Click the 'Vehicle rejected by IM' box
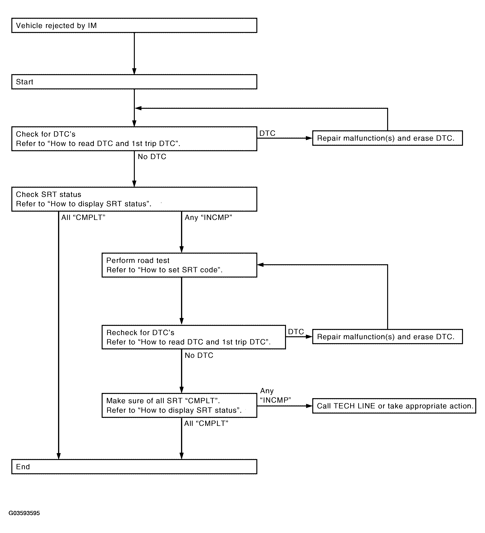(x=134, y=25)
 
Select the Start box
(x=134, y=82)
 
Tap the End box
(x=134, y=467)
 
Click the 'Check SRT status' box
(x=134, y=199)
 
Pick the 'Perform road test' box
(x=179, y=265)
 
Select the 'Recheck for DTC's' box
(x=194, y=337)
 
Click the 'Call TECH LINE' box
(x=394, y=406)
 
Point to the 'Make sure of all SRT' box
(x=179, y=405)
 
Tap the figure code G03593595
(x=24, y=513)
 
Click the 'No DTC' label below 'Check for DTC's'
(x=152, y=157)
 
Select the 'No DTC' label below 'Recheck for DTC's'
(x=199, y=355)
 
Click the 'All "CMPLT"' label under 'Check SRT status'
(x=83, y=217)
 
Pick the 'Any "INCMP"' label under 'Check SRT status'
(x=208, y=217)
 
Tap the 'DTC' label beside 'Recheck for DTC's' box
(x=296, y=332)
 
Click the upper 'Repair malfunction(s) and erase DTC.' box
(x=387, y=138)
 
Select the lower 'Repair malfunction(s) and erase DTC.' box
(x=387, y=337)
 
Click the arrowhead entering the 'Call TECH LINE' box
(x=309, y=406)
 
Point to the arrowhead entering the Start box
(x=134, y=71)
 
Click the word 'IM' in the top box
(x=92, y=26)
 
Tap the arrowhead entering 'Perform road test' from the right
(x=261, y=265)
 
